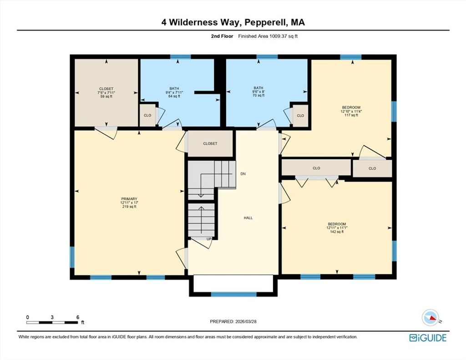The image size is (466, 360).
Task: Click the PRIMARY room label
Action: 129,199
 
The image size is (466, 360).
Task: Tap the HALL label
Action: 248,218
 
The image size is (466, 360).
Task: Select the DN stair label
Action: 243,174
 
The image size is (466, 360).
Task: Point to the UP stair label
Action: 209,239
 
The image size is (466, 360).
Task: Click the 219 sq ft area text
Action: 129,207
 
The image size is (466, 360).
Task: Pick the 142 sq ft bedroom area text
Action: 337,232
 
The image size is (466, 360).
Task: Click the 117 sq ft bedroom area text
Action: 351,115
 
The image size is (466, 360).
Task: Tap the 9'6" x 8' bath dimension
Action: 258,91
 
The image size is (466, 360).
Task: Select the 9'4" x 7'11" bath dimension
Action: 174,92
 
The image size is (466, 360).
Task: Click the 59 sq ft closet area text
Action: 106,96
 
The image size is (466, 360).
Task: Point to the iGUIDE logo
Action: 428,338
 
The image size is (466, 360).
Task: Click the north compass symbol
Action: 431,318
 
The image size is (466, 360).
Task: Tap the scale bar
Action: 52,322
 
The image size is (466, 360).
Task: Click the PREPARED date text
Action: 233,321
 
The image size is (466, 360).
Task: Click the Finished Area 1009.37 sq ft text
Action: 268,36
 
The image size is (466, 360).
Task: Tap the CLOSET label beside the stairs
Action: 210,143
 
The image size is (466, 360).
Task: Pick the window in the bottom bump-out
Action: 233,294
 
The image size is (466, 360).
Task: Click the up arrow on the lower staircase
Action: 201,220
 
